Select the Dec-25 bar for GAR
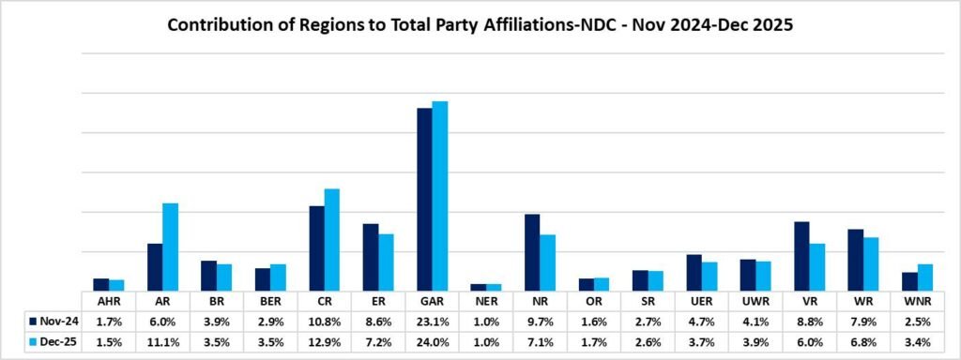click(440, 196)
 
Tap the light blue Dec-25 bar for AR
click(170, 247)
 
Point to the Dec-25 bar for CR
click(332, 240)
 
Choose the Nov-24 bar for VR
click(801, 256)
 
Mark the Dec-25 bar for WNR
click(925, 277)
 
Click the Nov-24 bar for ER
click(371, 257)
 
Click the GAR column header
click(432, 302)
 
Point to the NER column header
click(486, 302)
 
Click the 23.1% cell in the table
click(432, 321)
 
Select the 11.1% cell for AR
click(162, 341)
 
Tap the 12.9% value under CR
click(324, 341)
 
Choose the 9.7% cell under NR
click(540, 321)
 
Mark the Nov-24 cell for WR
click(863, 321)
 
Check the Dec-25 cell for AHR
click(109, 341)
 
